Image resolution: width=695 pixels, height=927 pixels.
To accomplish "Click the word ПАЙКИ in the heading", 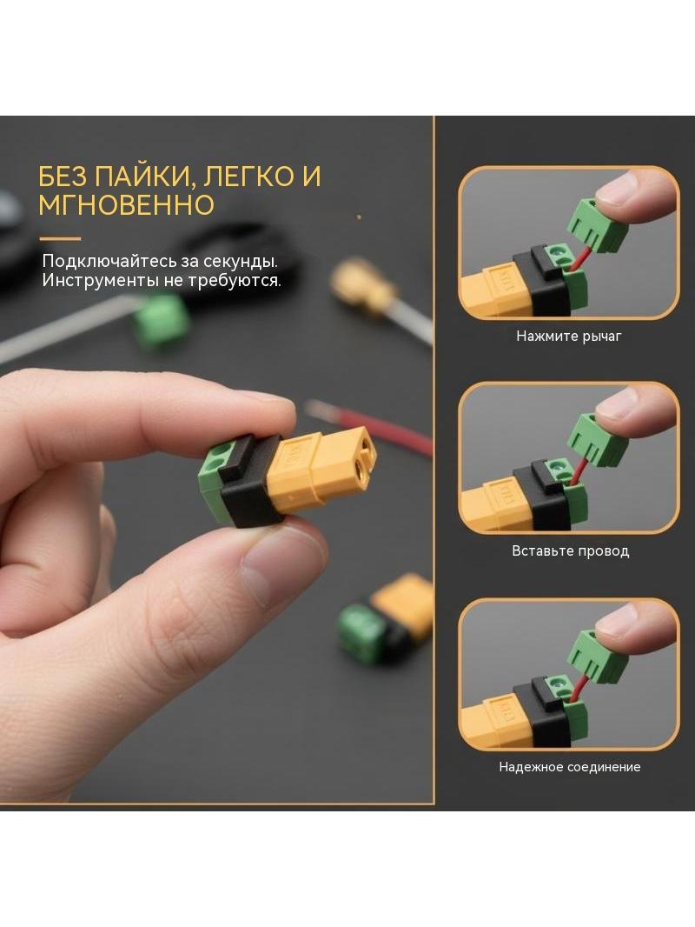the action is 137,177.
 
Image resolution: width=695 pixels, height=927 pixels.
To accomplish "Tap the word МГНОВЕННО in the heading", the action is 126,204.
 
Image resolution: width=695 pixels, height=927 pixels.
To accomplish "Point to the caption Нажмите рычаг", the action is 569,336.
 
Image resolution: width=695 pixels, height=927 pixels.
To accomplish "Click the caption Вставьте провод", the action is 571,551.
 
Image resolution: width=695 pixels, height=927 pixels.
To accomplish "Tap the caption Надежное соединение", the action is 570,767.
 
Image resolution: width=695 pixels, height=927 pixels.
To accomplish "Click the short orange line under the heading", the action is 60,239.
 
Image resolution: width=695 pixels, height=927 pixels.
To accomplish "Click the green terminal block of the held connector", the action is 215,481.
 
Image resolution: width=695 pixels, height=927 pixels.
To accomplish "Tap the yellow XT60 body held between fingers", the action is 319,470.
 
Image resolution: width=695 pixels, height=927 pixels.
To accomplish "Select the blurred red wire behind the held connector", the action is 369,425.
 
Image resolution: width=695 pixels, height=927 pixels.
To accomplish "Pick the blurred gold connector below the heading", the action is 362,283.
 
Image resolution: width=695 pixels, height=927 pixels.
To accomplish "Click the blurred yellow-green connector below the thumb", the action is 385,618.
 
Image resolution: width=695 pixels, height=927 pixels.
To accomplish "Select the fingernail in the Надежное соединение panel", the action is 616,621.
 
